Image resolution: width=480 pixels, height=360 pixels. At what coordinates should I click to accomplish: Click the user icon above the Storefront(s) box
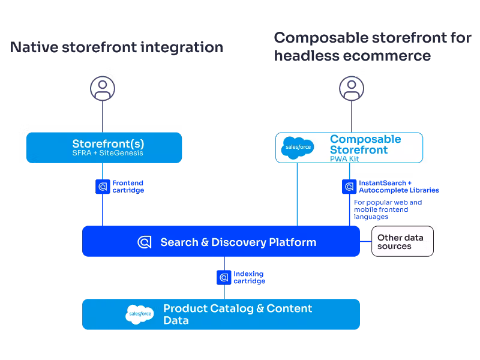click(103, 89)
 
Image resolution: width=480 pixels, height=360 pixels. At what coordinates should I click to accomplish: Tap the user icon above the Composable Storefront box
click(352, 89)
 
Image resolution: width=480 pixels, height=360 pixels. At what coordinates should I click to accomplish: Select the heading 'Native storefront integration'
click(116, 47)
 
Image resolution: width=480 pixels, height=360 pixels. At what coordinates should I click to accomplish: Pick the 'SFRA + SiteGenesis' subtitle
click(108, 153)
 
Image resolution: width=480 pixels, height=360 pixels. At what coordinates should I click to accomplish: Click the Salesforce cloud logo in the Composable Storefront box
click(297, 148)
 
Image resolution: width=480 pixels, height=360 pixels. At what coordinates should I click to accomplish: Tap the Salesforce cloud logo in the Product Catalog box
click(140, 314)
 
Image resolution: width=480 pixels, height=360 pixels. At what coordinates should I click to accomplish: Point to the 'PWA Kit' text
click(347, 158)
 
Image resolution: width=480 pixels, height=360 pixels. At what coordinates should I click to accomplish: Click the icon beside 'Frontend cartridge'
click(103, 187)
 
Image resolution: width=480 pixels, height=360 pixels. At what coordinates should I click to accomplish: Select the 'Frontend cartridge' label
click(128, 187)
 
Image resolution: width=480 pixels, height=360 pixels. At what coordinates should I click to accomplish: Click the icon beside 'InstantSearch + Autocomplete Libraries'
click(349, 187)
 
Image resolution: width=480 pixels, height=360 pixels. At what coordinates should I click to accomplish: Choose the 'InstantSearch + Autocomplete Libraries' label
click(398, 187)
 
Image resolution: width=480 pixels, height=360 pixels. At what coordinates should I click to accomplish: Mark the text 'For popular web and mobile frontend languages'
click(388, 209)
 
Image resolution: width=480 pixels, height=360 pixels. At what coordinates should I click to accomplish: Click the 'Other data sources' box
click(402, 242)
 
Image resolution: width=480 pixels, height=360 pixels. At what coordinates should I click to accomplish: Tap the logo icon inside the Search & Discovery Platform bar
click(145, 242)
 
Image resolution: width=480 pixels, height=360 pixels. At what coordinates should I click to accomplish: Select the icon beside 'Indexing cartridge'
click(224, 278)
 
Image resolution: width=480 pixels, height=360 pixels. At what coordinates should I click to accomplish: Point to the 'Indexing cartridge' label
click(249, 278)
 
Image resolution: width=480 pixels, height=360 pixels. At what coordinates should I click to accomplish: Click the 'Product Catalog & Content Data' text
click(238, 314)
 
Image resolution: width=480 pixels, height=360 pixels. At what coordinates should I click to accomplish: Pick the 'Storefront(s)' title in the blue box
click(108, 144)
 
